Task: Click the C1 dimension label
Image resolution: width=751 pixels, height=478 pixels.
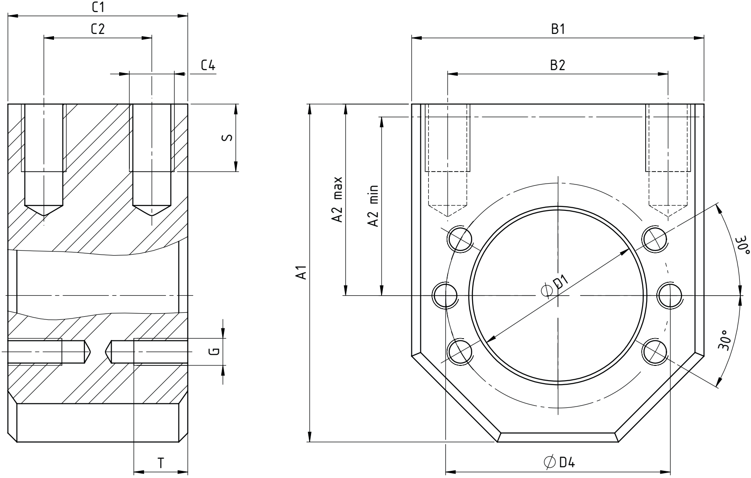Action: point(98,7)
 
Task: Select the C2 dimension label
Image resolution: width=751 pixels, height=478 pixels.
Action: point(98,29)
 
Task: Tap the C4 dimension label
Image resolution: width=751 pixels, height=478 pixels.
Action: point(208,65)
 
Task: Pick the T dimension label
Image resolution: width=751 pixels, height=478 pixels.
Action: point(161,463)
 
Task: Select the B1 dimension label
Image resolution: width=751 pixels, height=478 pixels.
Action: point(558,29)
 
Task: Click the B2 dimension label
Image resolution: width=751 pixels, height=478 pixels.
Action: point(557,65)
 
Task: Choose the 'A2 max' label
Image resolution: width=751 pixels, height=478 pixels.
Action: point(337,199)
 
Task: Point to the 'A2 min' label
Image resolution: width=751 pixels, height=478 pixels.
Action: point(373,206)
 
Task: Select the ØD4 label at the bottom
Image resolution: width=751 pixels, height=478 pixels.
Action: point(559,462)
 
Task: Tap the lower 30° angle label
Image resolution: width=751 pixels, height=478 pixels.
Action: point(725,340)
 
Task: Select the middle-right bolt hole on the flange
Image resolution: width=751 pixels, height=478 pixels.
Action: point(669,296)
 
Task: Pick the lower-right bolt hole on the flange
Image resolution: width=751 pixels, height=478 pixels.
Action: point(654,352)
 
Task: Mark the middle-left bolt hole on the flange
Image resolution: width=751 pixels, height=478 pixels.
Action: point(445,296)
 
